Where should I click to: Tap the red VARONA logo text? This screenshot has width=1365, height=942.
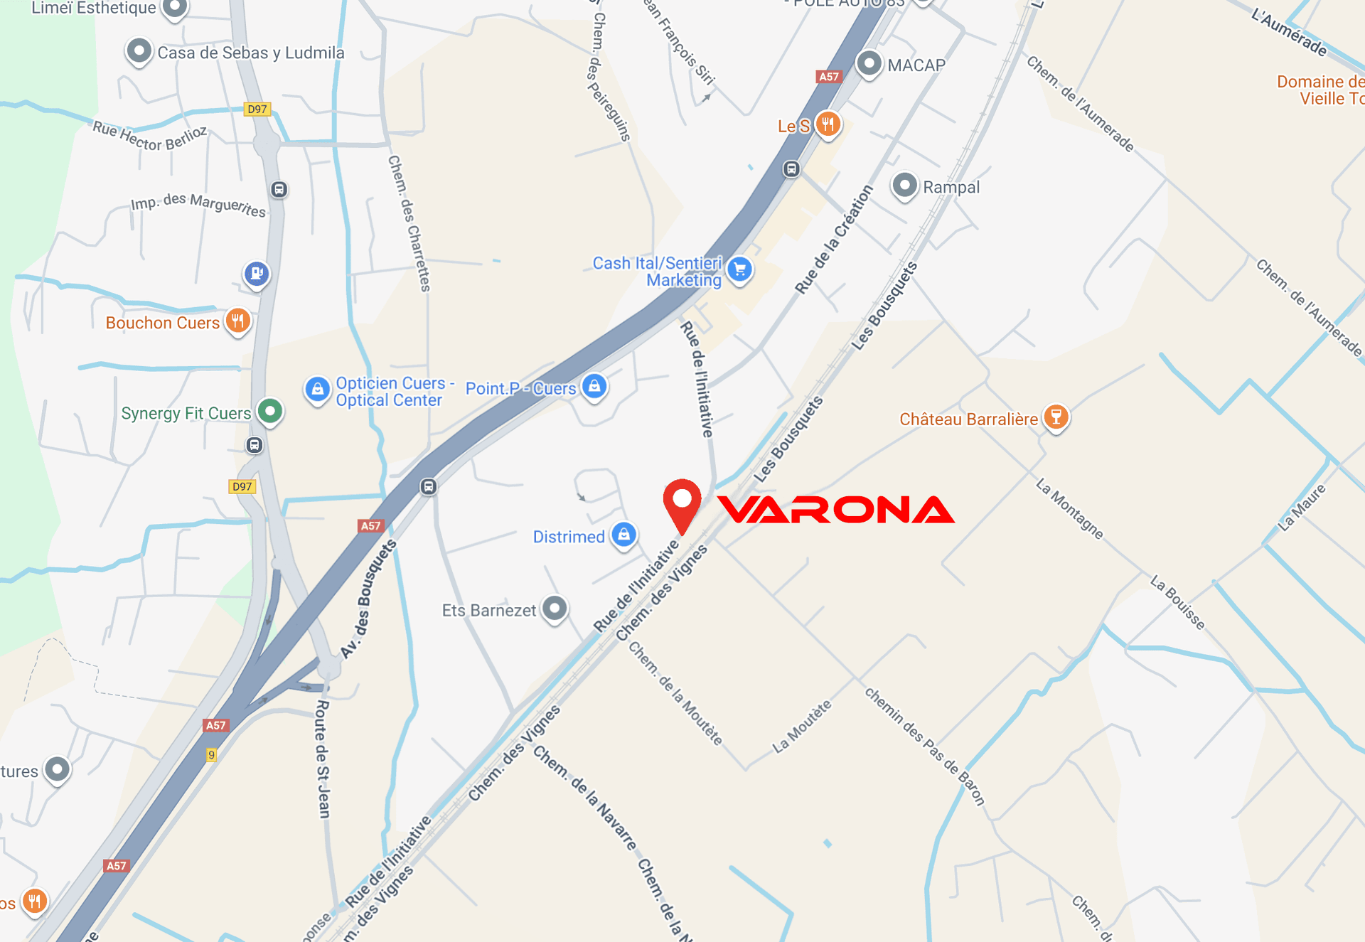pos(836,510)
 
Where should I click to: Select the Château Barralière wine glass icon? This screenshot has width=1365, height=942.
pos(1056,417)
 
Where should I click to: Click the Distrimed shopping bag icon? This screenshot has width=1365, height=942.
pos(623,535)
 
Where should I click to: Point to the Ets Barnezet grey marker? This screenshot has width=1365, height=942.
pos(555,609)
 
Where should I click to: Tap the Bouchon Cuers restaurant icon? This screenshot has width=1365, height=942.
pos(238,321)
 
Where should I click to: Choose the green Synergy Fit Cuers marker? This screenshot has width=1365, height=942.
pos(270,411)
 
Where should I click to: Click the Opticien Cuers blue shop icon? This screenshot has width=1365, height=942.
pos(318,389)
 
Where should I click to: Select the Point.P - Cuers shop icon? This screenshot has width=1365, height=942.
pos(594,386)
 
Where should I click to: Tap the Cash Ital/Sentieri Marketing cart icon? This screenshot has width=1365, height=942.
pos(740,269)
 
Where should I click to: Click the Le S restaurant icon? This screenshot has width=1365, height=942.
pos(828,124)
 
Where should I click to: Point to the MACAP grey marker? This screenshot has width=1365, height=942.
pos(869,63)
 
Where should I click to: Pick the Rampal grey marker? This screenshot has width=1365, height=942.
pos(904,186)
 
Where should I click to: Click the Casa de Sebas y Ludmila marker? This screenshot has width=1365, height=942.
pos(139,51)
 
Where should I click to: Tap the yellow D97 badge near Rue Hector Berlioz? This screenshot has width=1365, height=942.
pos(257,109)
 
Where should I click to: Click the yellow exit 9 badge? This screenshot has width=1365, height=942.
pos(211,755)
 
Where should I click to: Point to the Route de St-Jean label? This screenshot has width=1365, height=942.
pos(323,759)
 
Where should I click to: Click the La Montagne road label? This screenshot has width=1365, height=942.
pos(1069,509)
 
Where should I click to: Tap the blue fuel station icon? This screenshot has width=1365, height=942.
pos(257,273)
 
